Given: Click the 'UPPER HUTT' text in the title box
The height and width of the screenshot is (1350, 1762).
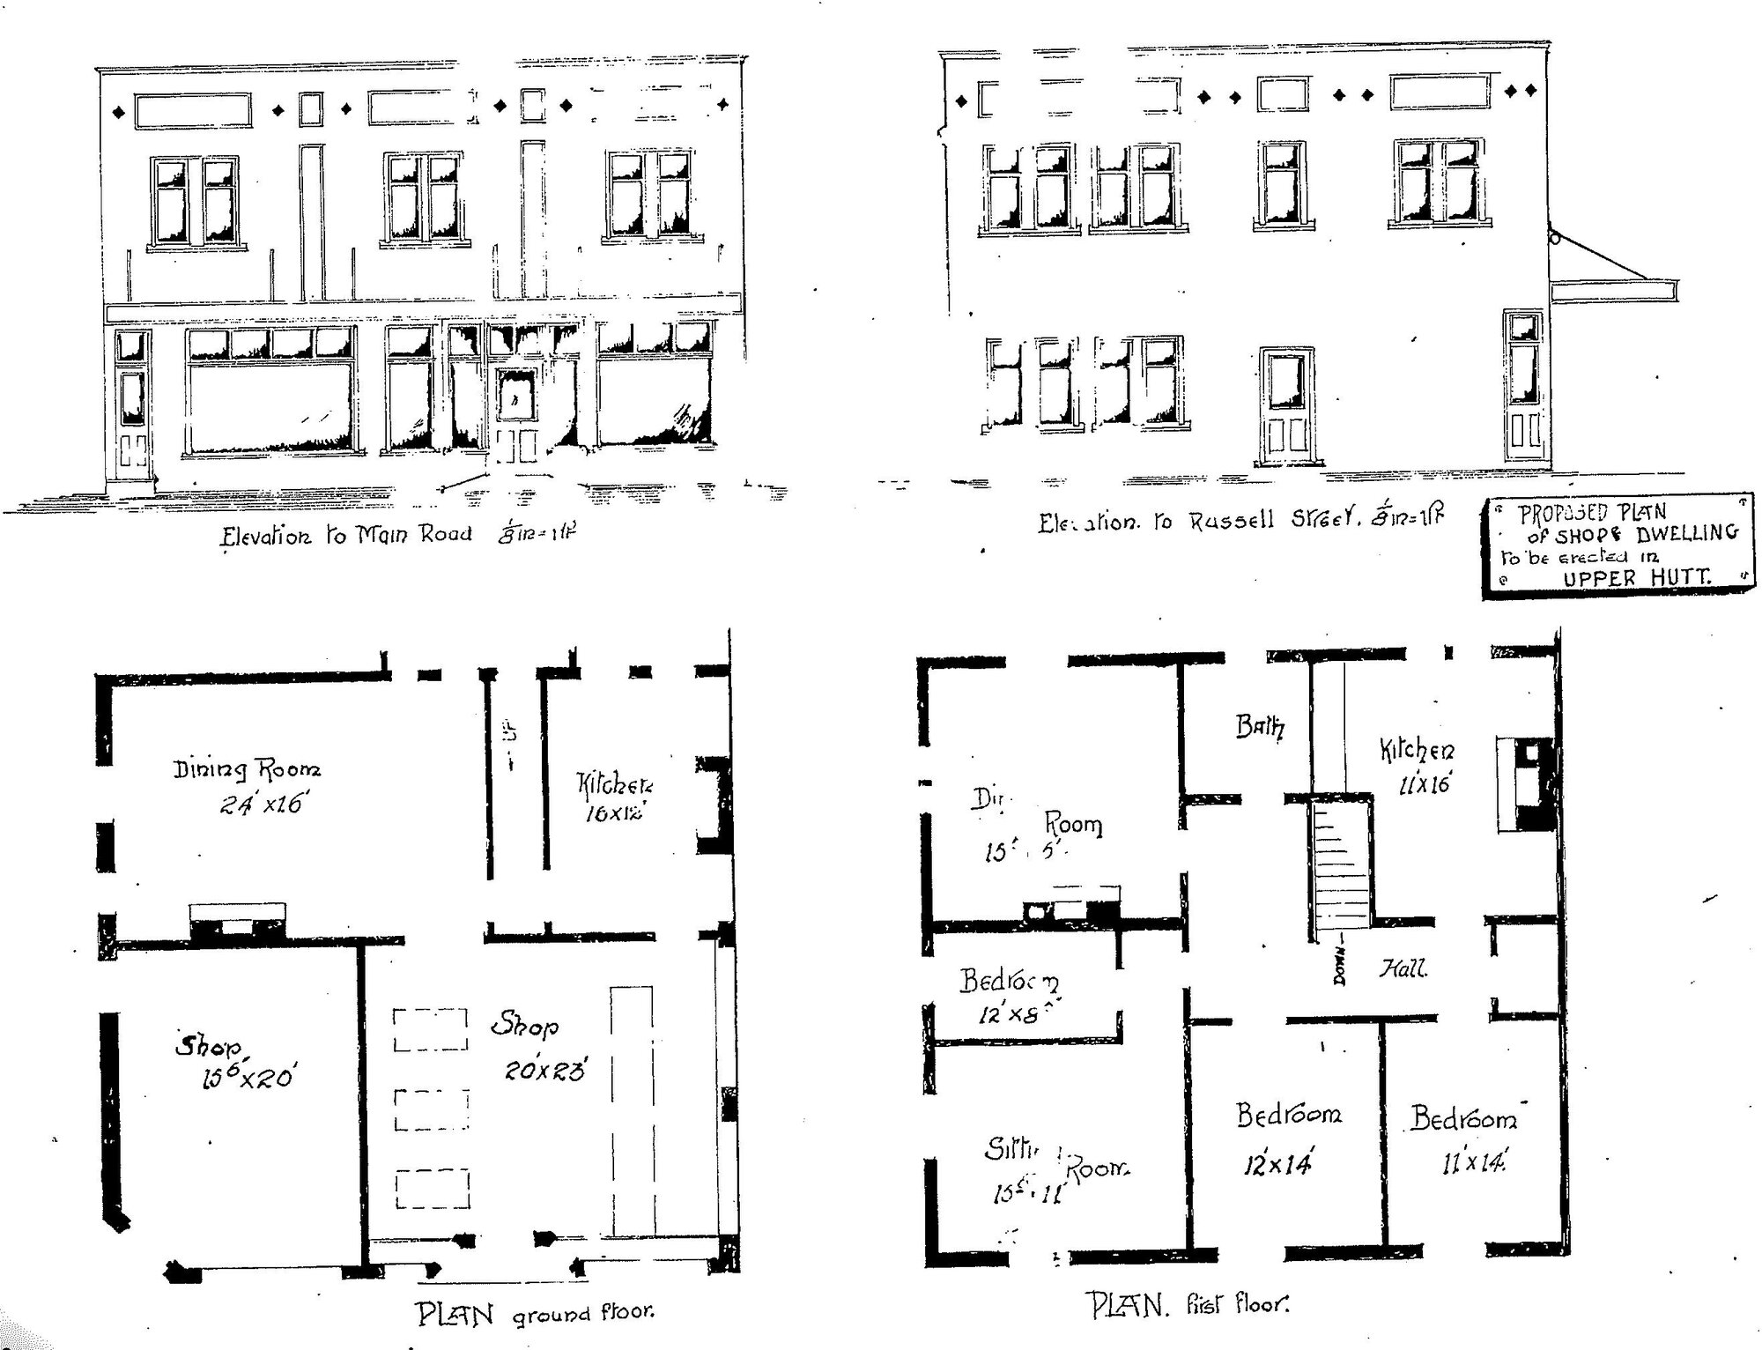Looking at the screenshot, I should [x=1636, y=578].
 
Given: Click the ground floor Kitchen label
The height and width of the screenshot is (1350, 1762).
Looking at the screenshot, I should [x=615, y=783].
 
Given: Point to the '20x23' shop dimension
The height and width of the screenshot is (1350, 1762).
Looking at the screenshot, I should [x=544, y=1070].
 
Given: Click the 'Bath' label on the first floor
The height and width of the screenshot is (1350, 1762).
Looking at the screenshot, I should [x=1260, y=727].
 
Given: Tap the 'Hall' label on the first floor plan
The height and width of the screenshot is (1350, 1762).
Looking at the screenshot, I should [x=1403, y=969].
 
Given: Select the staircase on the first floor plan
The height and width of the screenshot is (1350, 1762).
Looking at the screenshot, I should [x=1338, y=864].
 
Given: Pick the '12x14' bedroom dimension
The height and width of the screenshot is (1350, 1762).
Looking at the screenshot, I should [x=1277, y=1165].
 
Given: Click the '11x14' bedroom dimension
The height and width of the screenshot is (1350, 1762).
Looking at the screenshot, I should [x=1473, y=1163].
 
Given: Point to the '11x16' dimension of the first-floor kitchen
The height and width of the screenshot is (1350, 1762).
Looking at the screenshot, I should [x=1424, y=783].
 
